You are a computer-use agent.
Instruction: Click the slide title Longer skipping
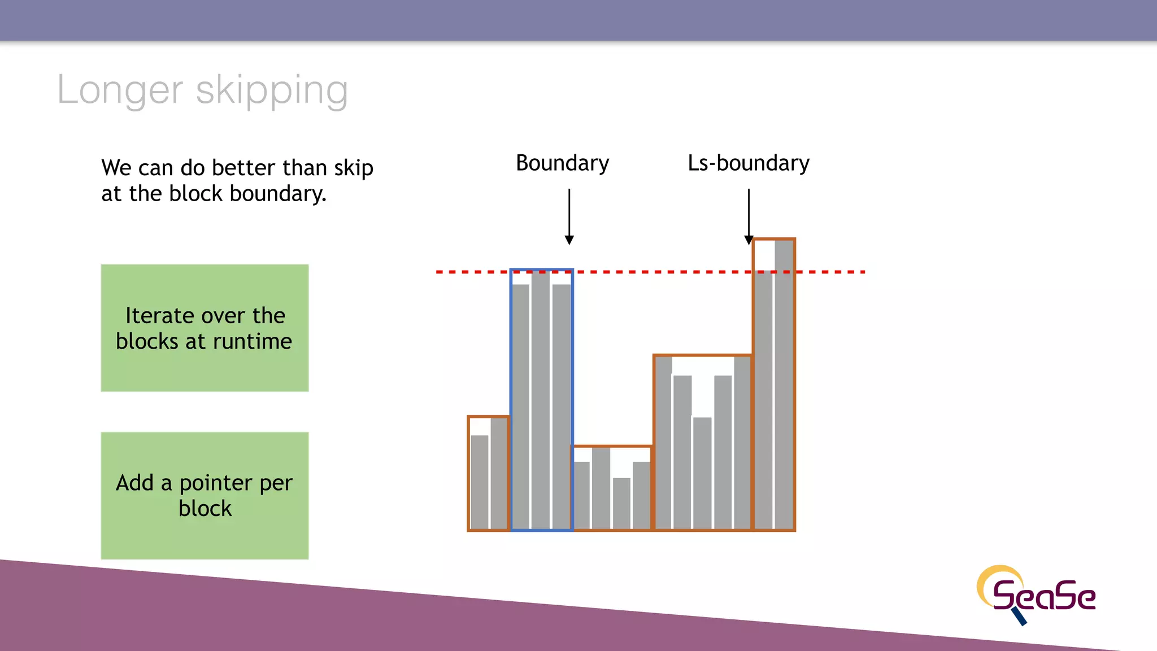tap(202, 90)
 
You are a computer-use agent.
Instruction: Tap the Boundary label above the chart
tap(562, 163)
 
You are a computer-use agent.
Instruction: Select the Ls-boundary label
tap(748, 163)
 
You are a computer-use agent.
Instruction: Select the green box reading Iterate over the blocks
tap(205, 328)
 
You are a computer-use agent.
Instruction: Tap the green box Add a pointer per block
tap(205, 496)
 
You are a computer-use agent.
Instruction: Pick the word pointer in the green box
tap(215, 483)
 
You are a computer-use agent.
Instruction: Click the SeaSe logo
tap(1037, 594)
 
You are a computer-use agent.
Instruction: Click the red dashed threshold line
tap(650, 272)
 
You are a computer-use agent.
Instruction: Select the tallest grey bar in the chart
tap(784, 384)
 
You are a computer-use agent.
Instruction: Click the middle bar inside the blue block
tap(541, 400)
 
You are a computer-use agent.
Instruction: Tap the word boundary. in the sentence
tap(278, 194)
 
